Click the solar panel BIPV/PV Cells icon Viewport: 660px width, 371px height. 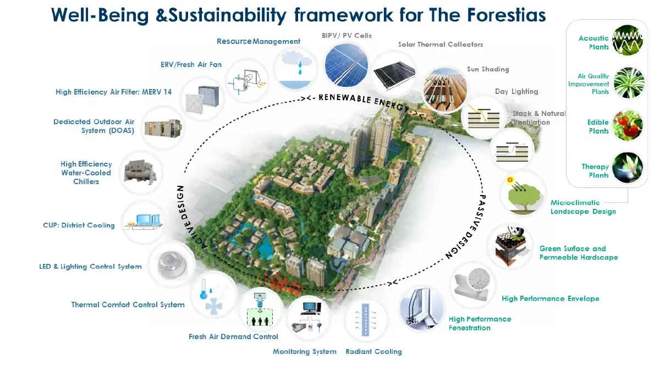[x=346, y=65]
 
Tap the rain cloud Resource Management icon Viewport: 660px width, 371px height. [x=295, y=69]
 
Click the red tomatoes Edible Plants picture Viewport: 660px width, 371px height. [x=628, y=125]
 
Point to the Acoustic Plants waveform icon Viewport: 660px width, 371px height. [x=628, y=40]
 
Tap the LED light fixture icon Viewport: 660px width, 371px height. [x=172, y=265]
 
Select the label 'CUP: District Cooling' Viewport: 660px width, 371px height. [x=79, y=225]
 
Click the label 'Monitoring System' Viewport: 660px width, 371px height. [x=304, y=352]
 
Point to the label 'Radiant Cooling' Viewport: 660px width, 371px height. [x=373, y=352]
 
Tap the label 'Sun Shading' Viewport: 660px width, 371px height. [x=488, y=69]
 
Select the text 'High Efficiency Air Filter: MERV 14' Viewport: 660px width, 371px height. [x=113, y=92]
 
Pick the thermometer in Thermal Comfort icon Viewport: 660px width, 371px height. [x=203, y=290]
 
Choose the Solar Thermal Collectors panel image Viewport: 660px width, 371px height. [x=394, y=75]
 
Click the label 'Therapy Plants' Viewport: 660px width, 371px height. [x=595, y=171]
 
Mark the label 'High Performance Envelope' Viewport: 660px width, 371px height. [x=551, y=298]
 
